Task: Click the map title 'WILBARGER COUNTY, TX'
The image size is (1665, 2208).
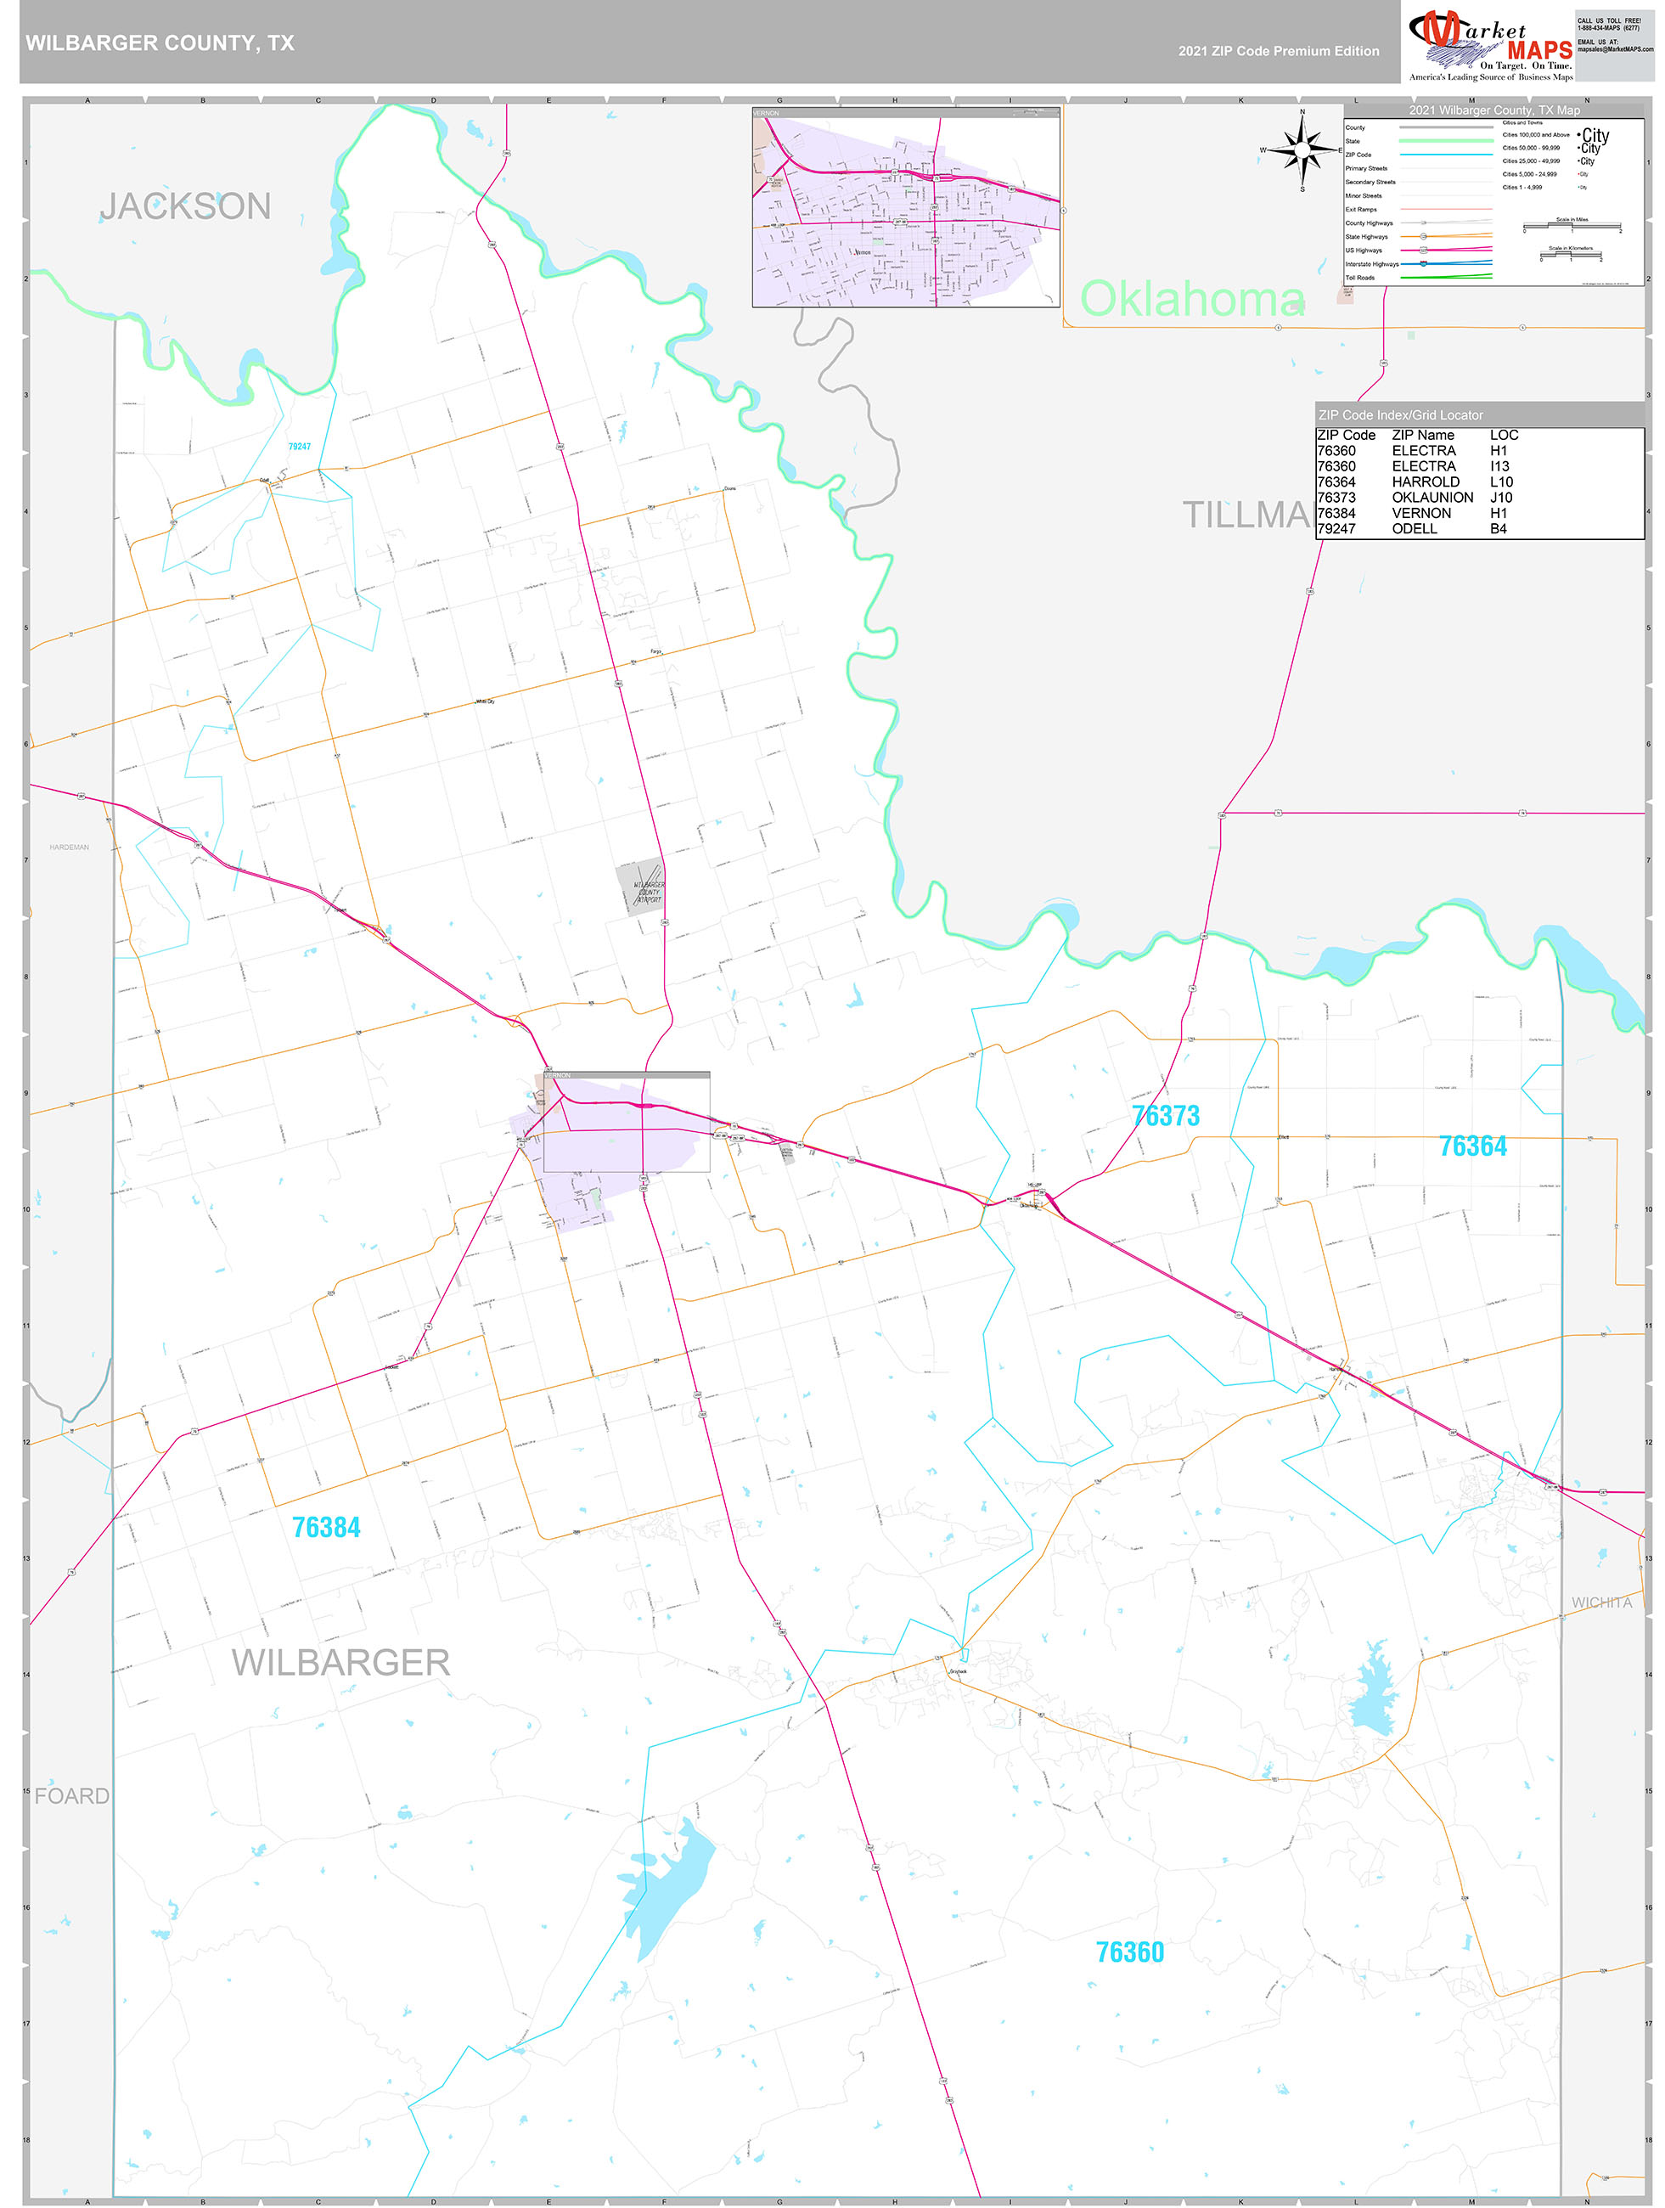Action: (160, 43)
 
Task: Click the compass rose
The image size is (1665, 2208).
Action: (1302, 150)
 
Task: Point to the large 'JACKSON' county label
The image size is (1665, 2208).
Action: (186, 206)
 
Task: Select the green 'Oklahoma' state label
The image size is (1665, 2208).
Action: (1192, 298)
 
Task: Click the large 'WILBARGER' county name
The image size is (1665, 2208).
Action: (340, 1663)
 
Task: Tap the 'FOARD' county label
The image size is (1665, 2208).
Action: (72, 1796)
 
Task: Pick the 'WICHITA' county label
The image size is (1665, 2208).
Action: (1601, 1603)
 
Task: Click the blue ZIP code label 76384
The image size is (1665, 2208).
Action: (326, 1527)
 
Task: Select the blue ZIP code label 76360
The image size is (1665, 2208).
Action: (1130, 1952)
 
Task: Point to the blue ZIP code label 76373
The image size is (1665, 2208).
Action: (1165, 1116)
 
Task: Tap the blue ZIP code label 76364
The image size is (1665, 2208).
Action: (1472, 1146)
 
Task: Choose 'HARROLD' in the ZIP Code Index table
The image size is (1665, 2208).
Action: (1426, 482)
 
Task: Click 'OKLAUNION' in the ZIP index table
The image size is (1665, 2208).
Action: (1432, 497)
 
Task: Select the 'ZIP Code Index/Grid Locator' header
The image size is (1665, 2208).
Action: (1399, 415)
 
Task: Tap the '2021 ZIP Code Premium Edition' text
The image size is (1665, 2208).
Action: (1278, 51)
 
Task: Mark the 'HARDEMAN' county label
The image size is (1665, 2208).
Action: (69, 848)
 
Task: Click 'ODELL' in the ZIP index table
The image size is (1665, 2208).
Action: (1415, 529)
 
